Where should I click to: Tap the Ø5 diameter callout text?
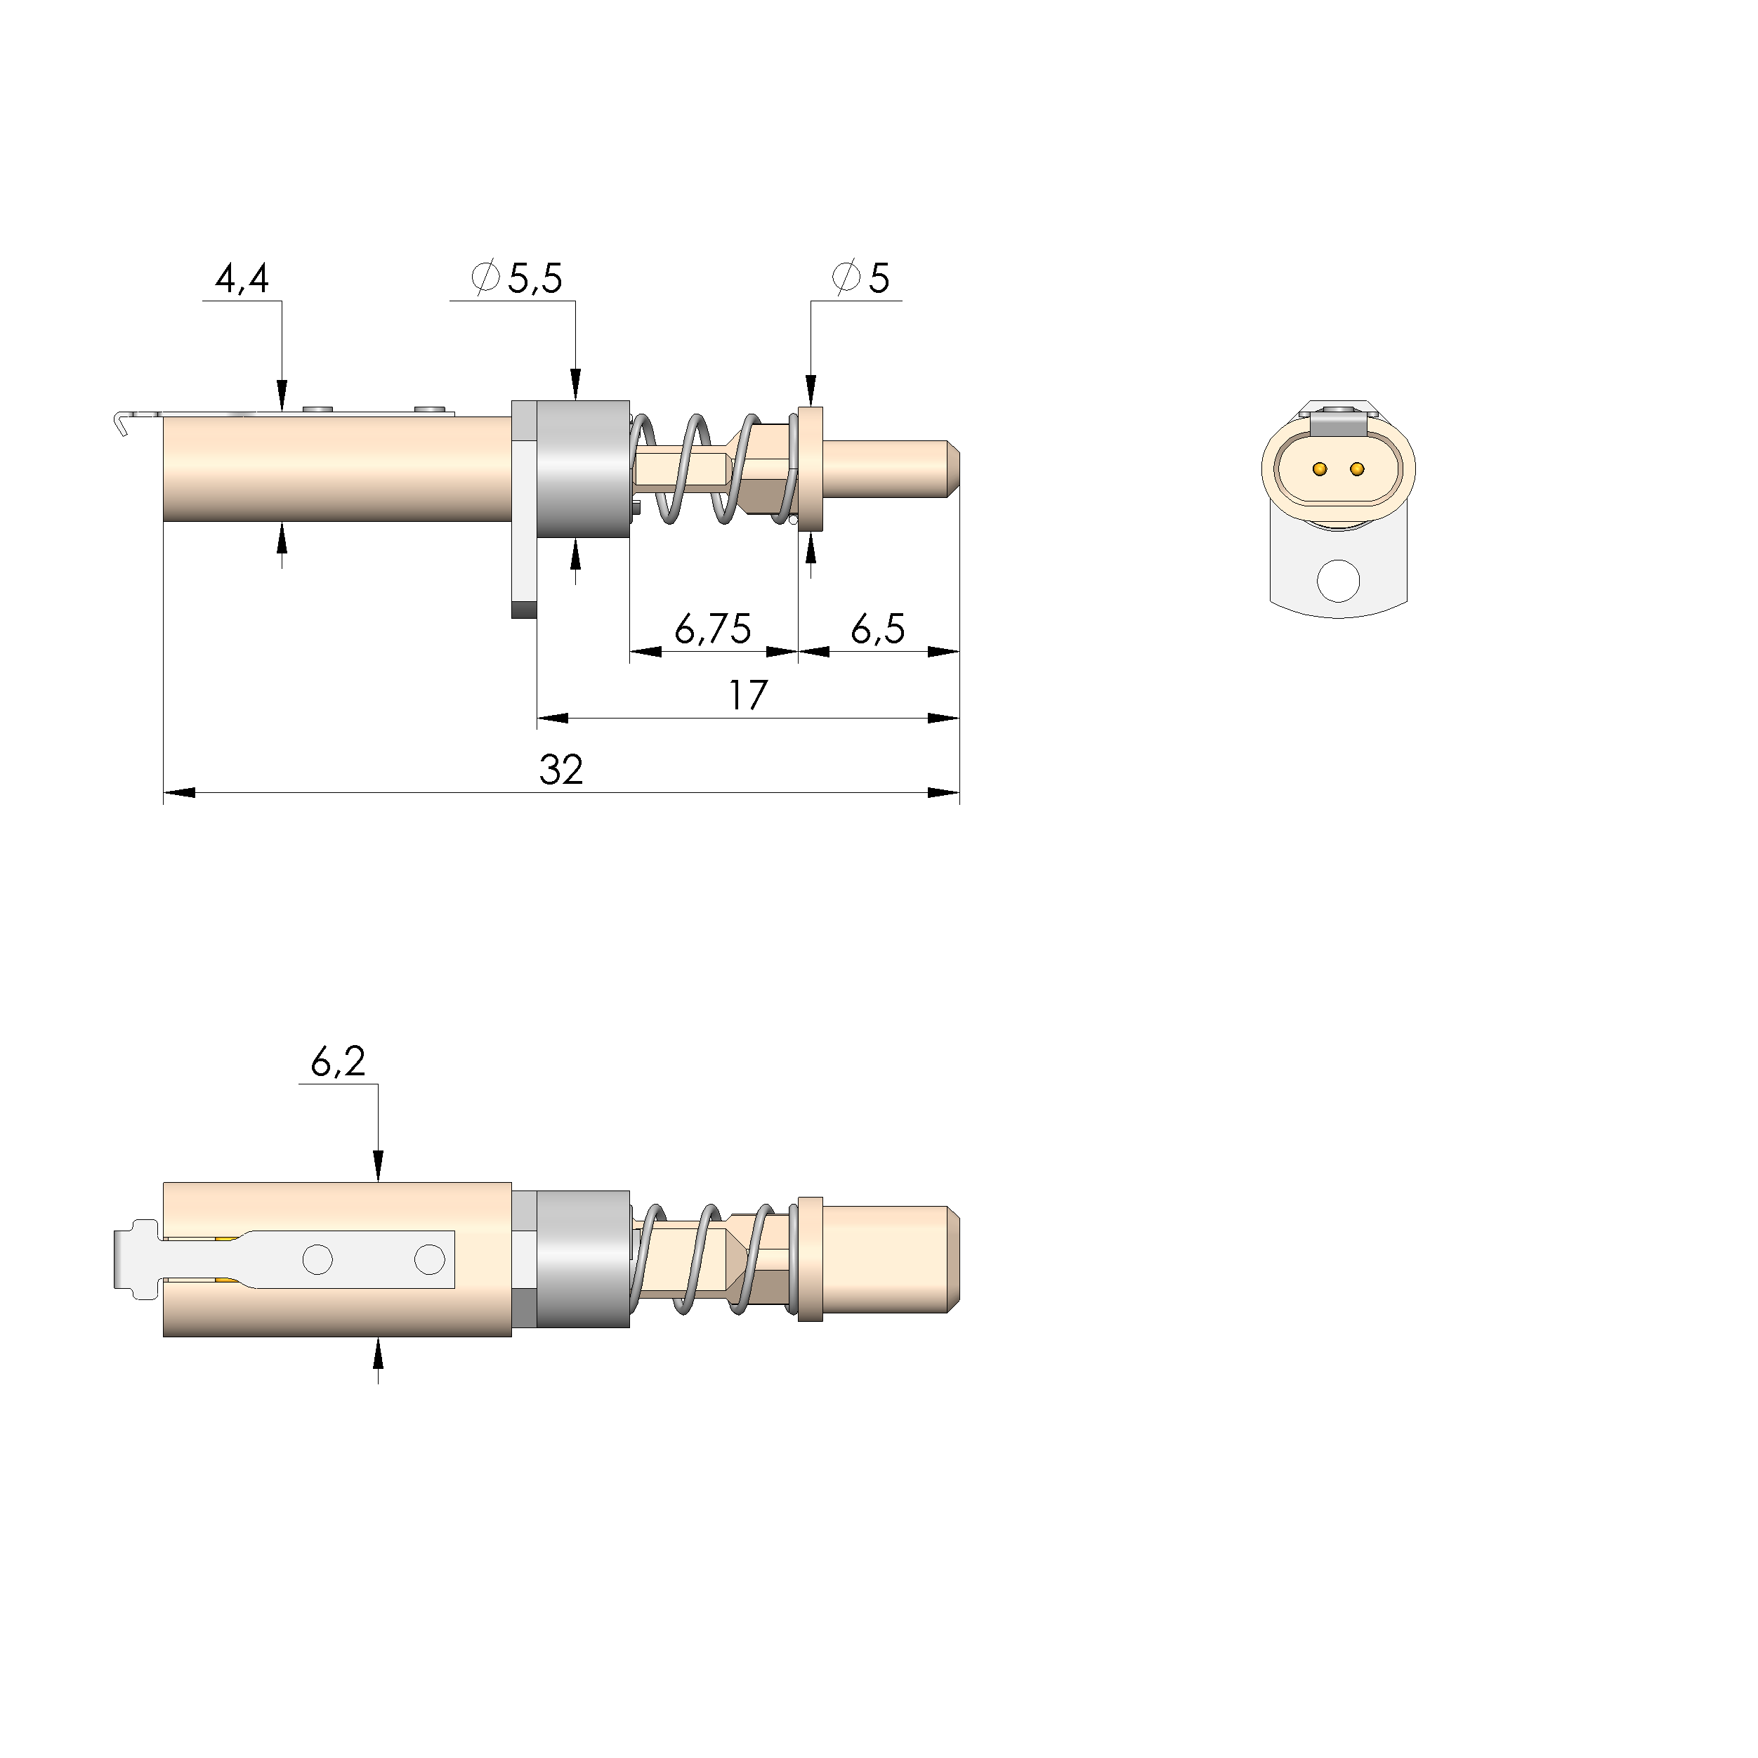point(861,278)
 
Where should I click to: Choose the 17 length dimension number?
point(747,696)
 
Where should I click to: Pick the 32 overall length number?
point(560,770)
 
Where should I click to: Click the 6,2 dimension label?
point(338,1062)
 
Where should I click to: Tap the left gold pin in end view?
point(1320,470)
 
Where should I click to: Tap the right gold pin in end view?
point(1357,470)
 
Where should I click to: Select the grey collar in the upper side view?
point(582,468)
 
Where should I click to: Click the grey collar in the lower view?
point(582,1259)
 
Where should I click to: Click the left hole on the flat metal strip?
point(317,1259)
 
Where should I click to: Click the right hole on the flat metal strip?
point(429,1259)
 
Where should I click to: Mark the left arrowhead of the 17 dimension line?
point(551,718)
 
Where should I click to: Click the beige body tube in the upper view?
point(336,468)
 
